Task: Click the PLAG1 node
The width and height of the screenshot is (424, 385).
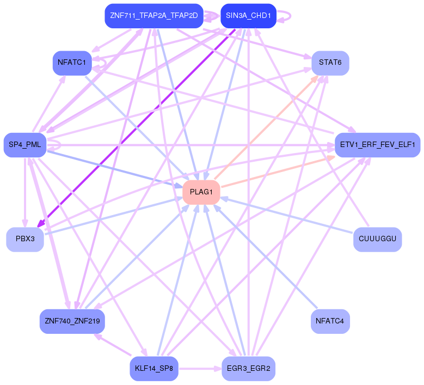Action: (201, 192)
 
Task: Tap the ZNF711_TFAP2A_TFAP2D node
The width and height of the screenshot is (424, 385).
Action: (153, 16)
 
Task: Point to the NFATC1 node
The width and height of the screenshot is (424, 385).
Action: (71, 63)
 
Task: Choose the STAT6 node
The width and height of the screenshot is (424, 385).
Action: (330, 63)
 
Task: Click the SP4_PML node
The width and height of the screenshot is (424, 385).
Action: (25, 145)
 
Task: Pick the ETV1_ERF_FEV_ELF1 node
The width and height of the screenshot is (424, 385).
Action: (377, 145)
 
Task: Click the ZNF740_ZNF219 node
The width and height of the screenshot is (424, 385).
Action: (72, 321)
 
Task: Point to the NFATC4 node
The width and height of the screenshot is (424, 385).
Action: (330, 321)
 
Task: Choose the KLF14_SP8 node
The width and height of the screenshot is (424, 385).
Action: (154, 369)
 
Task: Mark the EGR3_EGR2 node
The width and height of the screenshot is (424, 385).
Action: (248, 369)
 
